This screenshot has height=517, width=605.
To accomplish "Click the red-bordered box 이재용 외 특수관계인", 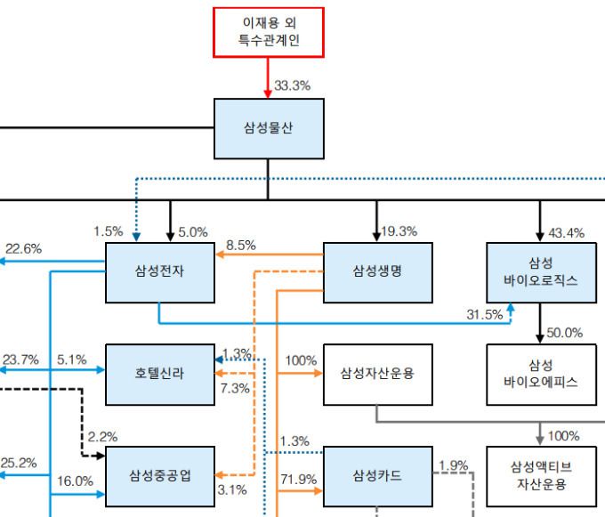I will (x=269, y=33).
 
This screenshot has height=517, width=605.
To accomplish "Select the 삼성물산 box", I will (x=269, y=128).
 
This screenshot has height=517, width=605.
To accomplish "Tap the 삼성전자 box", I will (x=160, y=271).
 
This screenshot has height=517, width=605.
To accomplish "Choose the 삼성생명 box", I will (x=377, y=271).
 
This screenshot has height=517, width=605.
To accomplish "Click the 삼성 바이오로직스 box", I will (x=540, y=271).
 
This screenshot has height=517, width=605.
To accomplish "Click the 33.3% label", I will (x=292, y=86).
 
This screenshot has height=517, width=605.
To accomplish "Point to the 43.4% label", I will (x=567, y=233).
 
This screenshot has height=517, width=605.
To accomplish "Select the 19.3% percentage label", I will (x=399, y=232).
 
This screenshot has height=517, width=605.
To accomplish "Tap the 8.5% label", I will (x=241, y=244).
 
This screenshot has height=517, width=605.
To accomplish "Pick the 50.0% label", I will (x=565, y=333).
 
